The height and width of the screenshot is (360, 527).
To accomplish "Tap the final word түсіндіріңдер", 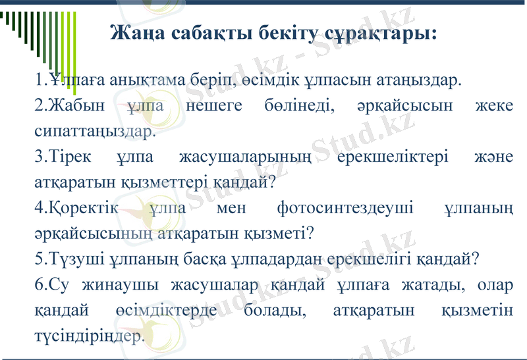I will click(88, 336).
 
